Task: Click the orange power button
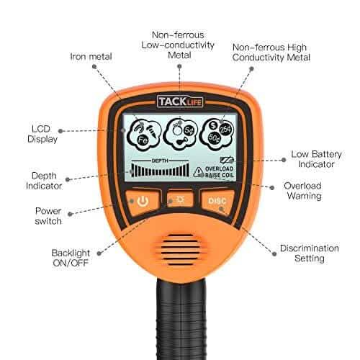143,201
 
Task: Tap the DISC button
217,201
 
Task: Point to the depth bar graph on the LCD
160,171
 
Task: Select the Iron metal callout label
90,55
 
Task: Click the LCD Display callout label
43,133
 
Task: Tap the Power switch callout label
48,216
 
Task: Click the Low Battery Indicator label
312,158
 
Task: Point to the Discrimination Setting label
310,253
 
